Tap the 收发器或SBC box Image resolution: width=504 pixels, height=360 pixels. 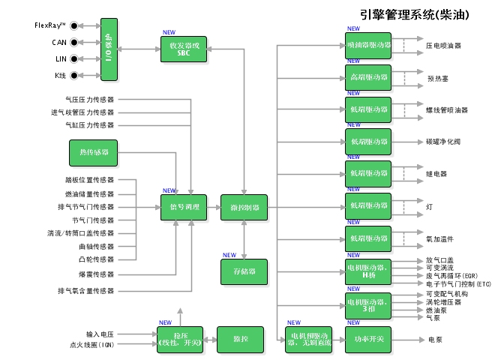[184, 50]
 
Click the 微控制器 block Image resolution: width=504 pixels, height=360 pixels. [244, 208]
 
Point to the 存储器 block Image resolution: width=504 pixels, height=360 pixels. [244, 271]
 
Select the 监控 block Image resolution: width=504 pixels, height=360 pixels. [241, 339]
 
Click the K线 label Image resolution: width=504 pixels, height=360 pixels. [61, 75]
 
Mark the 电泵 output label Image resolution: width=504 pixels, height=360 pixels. [435, 339]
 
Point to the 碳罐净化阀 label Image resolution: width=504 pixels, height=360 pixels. [448, 141]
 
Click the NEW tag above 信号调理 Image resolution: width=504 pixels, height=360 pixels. [169, 190]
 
